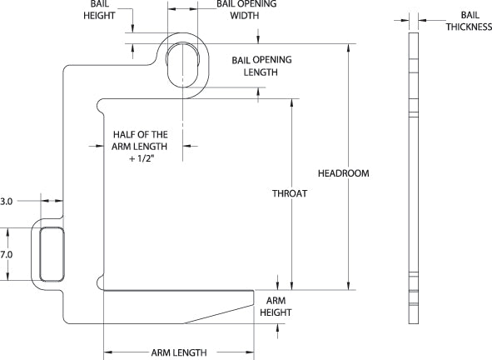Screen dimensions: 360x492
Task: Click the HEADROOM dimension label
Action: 343,173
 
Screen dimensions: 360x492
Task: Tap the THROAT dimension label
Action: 290,193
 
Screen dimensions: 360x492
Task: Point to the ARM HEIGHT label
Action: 276,305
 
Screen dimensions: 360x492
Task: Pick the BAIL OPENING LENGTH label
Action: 254,67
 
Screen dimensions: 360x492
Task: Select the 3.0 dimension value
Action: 7,201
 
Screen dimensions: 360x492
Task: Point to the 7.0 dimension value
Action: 7,254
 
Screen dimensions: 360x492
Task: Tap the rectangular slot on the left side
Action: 52,254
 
